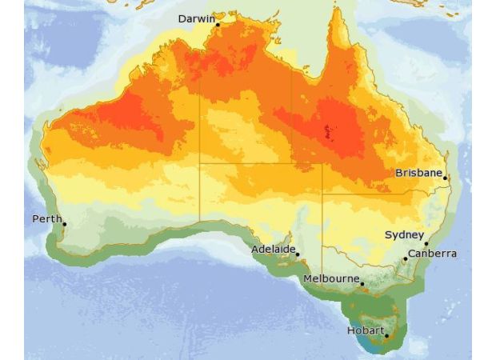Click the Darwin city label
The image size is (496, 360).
click(196, 18)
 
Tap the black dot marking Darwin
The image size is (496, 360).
click(218, 25)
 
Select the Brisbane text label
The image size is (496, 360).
click(418, 172)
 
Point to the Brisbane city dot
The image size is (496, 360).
click(445, 178)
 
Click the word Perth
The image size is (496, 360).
click(46, 218)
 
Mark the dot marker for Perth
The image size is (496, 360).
click(64, 224)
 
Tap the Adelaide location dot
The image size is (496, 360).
click(297, 254)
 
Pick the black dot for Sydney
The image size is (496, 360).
click(426, 243)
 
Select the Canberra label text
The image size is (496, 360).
click(432, 254)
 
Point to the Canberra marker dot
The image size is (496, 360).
click(405, 258)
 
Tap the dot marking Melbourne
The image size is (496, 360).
click(362, 284)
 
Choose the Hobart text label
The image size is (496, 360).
click(365, 330)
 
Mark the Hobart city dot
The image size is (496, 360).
click(386, 336)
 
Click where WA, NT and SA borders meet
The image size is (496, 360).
click(199, 164)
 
